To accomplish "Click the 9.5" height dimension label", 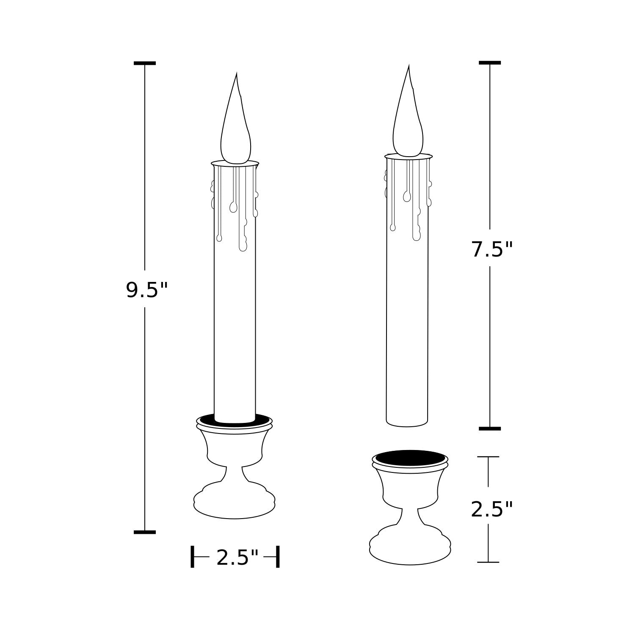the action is [x=147, y=290].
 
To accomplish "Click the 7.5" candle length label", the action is [x=492, y=249].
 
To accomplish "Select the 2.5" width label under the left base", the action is [x=237, y=558].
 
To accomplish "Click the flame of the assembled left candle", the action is [x=236, y=127].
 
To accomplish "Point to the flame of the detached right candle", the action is [x=408, y=119].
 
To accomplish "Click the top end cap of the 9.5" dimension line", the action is [x=145, y=63].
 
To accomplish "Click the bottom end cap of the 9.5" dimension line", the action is [x=145, y=532].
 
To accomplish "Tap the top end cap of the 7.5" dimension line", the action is [x=490, y=63].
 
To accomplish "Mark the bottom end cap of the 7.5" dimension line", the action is [x=490, y=428].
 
